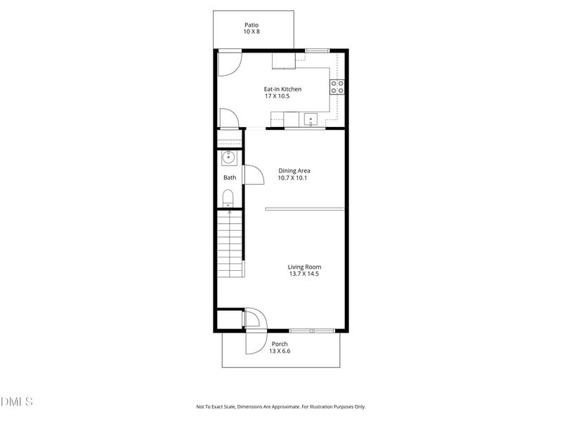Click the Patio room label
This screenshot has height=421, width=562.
point(251,25)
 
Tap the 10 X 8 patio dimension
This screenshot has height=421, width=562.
point(251,32)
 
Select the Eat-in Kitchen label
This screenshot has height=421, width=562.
point(282,89)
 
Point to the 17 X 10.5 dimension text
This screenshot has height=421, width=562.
point(277,96)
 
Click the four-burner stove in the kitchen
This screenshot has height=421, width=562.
point(337,87)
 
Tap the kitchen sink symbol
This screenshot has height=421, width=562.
point(311,120)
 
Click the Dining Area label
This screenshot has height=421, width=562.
point(294,171)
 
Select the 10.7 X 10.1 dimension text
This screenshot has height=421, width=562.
point(293,178)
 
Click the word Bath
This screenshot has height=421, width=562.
point(230,178)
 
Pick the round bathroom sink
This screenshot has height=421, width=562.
point(228,157)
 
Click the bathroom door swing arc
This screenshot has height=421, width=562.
point(254,175)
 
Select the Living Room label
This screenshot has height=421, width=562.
point(304,267)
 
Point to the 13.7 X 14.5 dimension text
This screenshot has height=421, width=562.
point(304,274)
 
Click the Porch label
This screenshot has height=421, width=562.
point(280,344)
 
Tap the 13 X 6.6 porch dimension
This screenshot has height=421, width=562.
point(280,351)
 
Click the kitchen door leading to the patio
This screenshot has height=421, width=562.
point(229,63)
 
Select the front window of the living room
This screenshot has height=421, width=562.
point(312,330)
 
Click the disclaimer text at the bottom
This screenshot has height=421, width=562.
point(281,407)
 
